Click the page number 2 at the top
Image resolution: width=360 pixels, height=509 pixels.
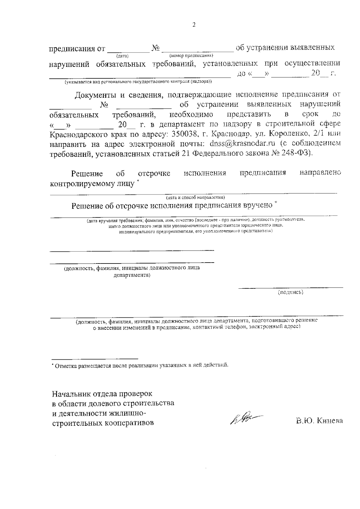[x=194, y=25]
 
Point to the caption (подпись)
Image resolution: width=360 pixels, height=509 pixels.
[x=291, y=292]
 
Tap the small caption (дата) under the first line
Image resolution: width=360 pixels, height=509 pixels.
[x=122, y=56]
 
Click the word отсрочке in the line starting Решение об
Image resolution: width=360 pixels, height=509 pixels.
[x=154, y=173]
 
